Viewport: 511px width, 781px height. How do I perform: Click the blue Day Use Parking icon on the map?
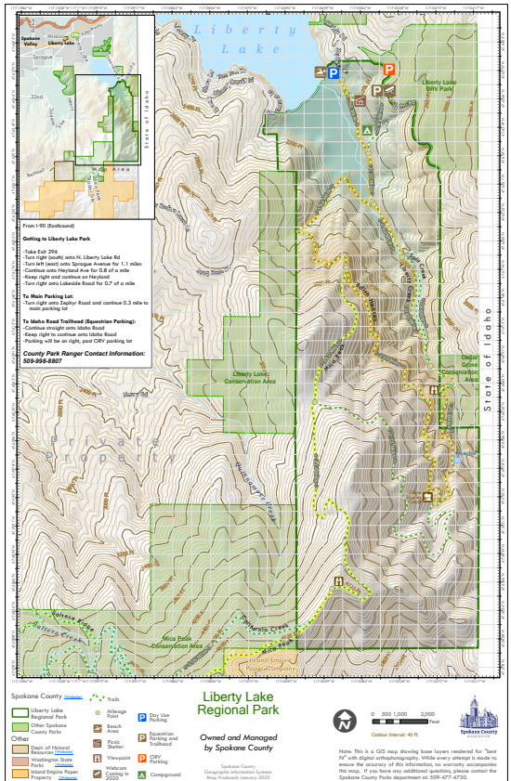click(333, 72)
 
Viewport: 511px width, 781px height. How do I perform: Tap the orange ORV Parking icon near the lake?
click(389, 69)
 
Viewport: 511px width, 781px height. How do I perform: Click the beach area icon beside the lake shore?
click(319, 72)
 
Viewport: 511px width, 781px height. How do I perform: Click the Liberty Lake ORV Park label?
click(438, 86)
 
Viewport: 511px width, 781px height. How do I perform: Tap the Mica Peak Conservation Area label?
click(183, 644)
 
